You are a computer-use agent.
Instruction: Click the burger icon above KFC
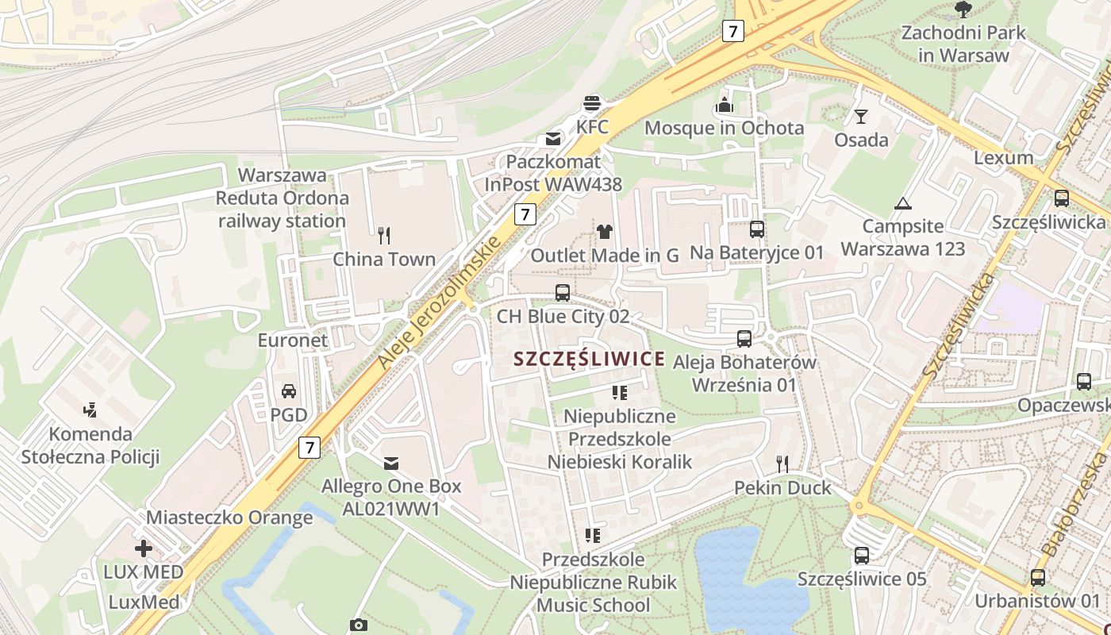click(x=592, y=102)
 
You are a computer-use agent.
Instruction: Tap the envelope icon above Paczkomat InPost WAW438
click(x=552, y=140)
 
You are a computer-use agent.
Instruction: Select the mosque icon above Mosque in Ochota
click(x=724, y=105)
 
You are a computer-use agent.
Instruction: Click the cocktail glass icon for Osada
click(x=861, y=117)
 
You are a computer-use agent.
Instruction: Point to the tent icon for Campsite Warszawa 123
click(x=902, y=203)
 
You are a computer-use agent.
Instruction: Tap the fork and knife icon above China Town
click(x=384, y=235)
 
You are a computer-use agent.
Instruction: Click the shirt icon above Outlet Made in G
click(x=605, y=232)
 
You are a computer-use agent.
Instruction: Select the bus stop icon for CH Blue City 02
click(x=563, y=292)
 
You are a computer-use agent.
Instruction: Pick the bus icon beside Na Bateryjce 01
click(x=757, y=229)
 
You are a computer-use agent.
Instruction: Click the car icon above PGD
click(x=289, y=391)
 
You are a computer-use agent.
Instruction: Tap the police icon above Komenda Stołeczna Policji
click(x=90, y=410)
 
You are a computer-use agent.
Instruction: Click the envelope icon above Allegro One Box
click(x=391, y=463)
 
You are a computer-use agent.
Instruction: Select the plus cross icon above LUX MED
click(x=143, y=548)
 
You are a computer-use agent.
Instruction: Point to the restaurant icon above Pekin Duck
click(x=782, y=464)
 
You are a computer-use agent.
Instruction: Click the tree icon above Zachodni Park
click(x=963, y=10)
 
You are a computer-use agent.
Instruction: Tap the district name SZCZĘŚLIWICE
click(x=589, y=359)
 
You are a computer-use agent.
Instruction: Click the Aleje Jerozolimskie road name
click(x=440, y=302)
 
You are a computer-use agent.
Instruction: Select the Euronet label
click(x=292, y=341)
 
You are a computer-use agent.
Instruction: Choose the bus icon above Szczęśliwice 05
click(x=862, y=556)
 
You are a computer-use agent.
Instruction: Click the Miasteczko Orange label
click(x=229, y=518)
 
